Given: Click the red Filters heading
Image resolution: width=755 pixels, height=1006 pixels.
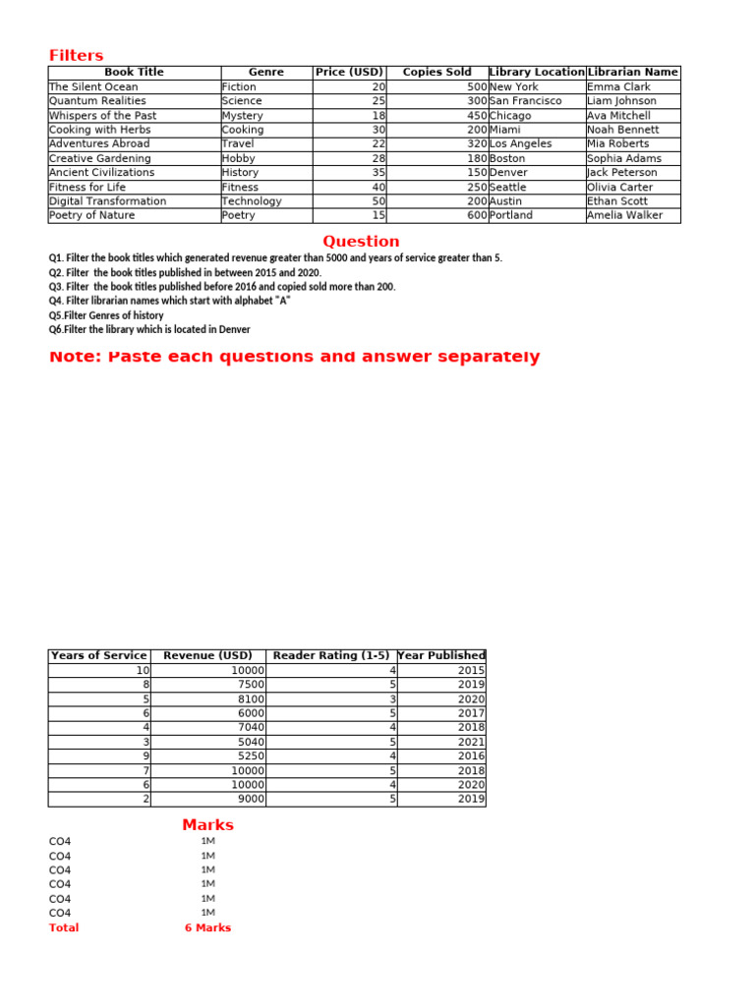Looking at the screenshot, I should (77, 56).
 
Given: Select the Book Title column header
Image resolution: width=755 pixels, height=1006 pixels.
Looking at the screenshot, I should (134, 73).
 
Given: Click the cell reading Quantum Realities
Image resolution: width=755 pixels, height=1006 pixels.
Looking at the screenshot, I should (97, 101).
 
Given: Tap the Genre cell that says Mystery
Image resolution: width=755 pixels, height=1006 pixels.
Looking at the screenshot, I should (242, 116).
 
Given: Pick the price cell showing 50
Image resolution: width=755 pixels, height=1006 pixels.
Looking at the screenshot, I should (378, 201).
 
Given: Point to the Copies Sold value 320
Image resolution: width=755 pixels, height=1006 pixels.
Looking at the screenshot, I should (477, 144).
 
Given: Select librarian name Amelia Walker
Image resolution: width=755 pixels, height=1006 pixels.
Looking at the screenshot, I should (624, 215).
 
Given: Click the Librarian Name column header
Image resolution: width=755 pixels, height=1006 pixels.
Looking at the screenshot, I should (632, 73).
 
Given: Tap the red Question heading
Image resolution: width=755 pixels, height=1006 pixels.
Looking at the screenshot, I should (361, 242).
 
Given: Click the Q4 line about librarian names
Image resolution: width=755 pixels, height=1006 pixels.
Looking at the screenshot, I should (169, 301).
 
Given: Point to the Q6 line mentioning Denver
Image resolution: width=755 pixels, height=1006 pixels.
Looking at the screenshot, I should (149, 330).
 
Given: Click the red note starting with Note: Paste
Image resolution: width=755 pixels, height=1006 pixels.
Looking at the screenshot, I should (294, 357).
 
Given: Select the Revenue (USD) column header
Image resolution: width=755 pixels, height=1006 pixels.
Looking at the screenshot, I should (207, 655).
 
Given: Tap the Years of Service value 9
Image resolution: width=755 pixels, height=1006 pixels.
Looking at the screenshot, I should (144, 756).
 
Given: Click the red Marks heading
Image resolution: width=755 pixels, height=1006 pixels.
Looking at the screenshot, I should (207, 825).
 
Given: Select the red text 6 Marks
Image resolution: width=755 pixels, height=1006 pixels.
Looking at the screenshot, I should (207, 927).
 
